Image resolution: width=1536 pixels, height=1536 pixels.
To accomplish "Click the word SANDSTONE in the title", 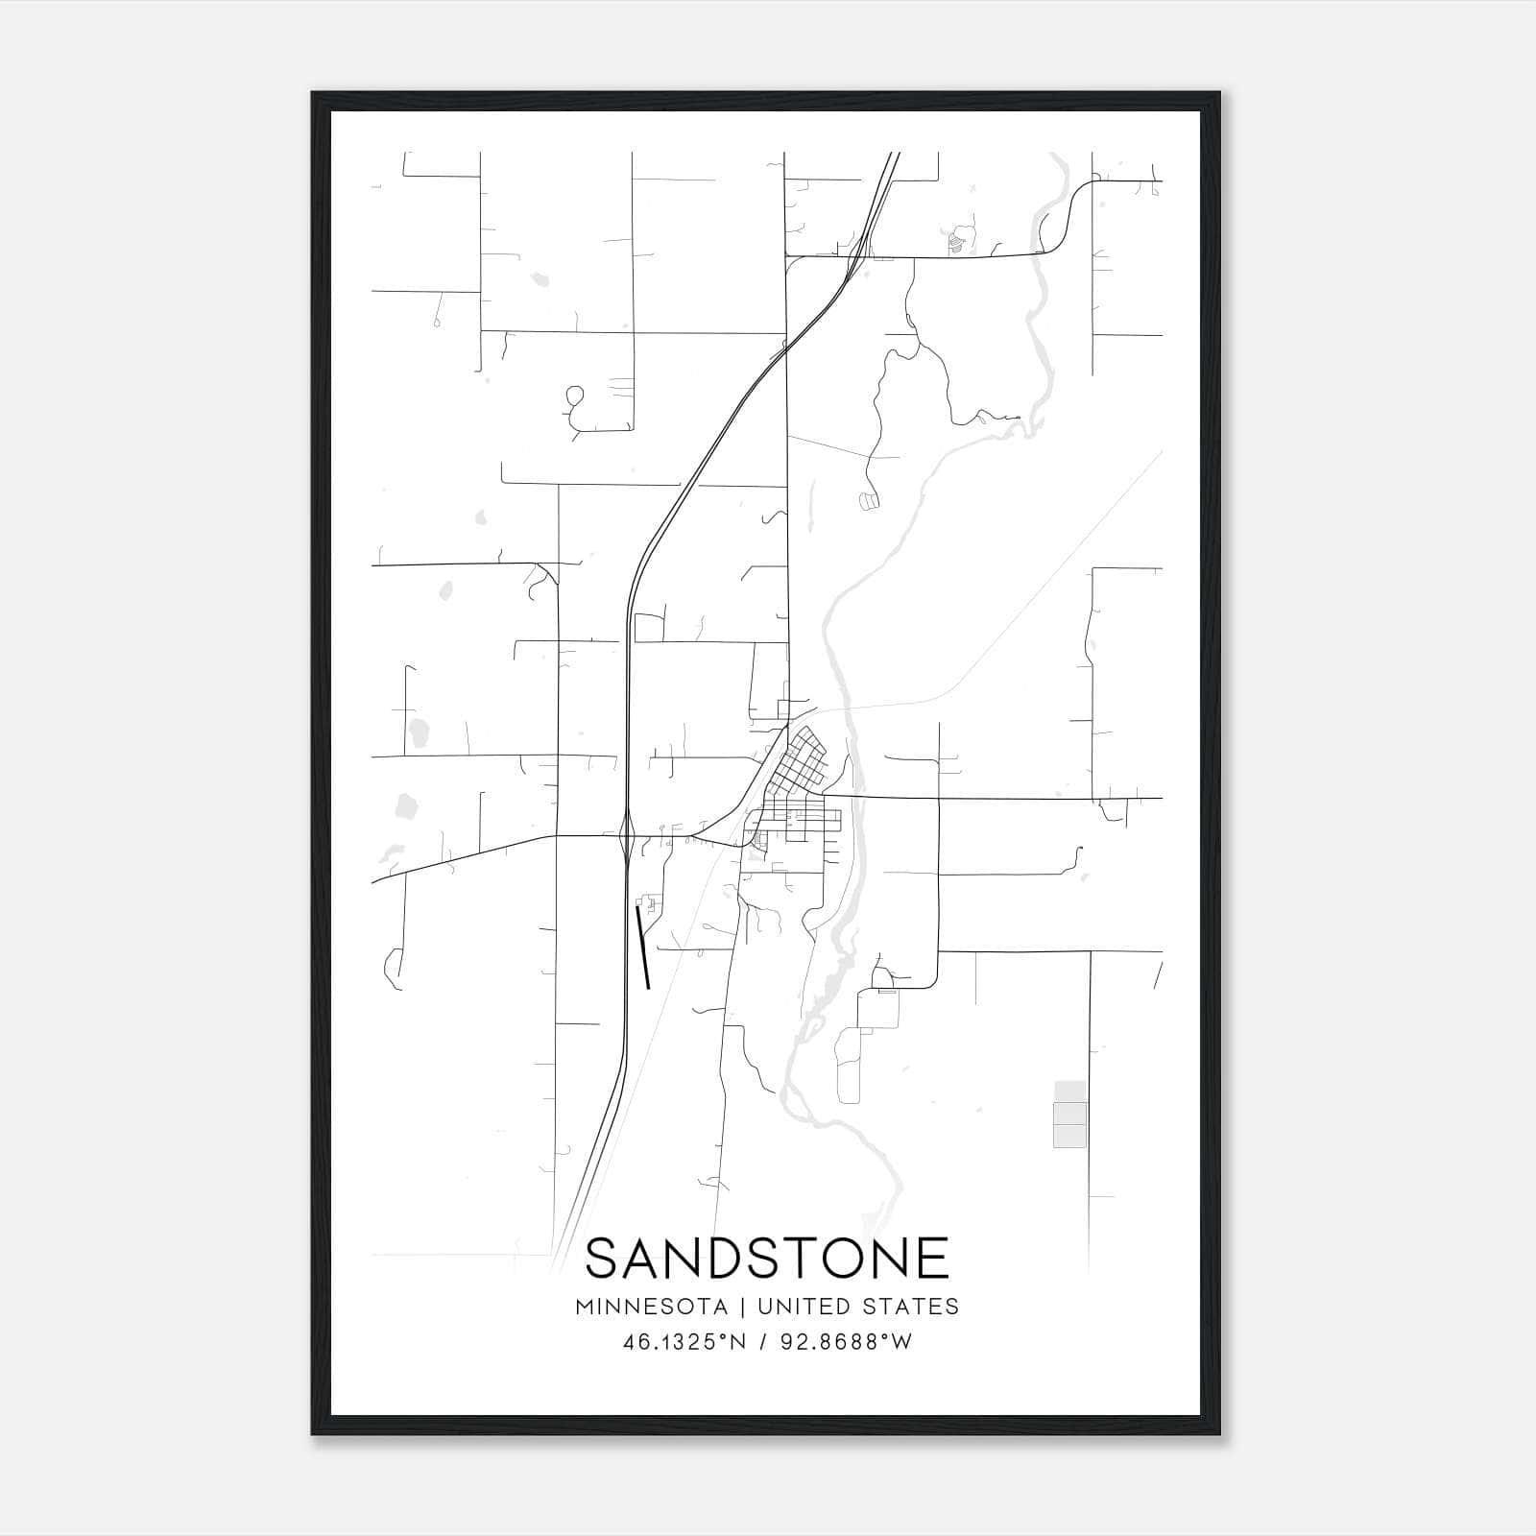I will pos(767,1259).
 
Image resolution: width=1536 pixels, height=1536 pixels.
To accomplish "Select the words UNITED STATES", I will pos(857,1307).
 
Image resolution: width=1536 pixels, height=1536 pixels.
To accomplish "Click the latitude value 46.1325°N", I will pos(684,1342).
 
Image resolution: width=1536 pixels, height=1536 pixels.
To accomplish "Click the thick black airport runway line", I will pos(643,947).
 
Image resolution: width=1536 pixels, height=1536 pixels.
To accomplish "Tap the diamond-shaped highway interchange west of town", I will pos(626,835).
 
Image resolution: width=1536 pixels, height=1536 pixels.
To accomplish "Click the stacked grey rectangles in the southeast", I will pos(1070,1114).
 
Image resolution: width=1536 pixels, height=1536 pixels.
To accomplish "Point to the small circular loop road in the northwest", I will pos(575,395).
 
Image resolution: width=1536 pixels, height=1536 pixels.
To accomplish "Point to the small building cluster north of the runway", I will pos(650,903).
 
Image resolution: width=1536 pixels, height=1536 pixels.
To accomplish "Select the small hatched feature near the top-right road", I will pos(956,243).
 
